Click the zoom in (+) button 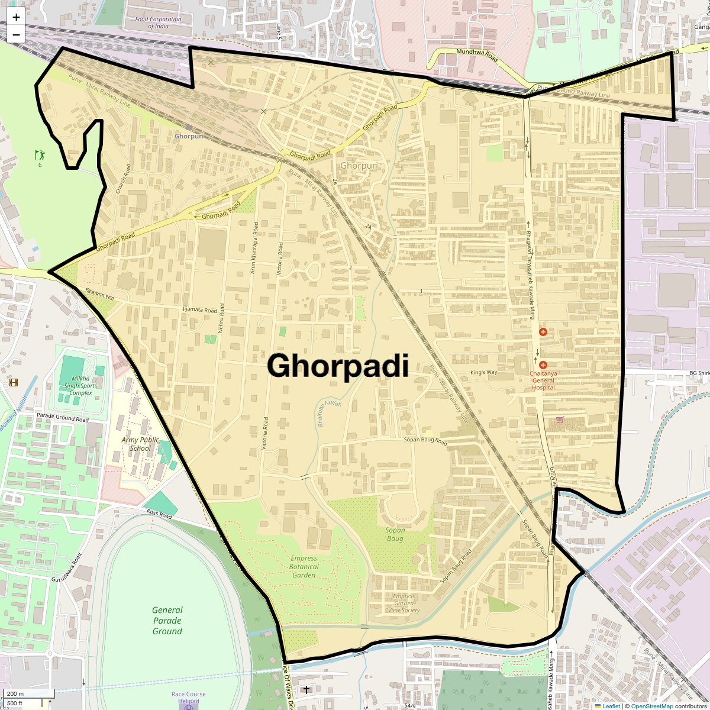click(x=16, y=17)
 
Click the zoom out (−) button click(x=16, y=34)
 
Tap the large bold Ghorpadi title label click(x=338, y=366)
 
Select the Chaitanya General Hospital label click(x=543, y=380)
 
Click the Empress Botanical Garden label click(x=304, y=566)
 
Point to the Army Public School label click(x=140, y=444)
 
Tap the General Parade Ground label click(x=167, y=620)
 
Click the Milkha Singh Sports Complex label click(x=81, y=385)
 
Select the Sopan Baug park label click(x=395, y=534)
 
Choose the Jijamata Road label click(x=200, y=309)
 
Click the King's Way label click(x=484, y=372)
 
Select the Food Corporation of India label click(x=158, y=22)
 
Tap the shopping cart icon click(x=560, y=420)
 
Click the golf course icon click(x=40, y=156)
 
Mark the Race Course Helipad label click(x=189, y=698)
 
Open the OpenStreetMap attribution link click(x=651, y=706)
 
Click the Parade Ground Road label click(x=63, y=419)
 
